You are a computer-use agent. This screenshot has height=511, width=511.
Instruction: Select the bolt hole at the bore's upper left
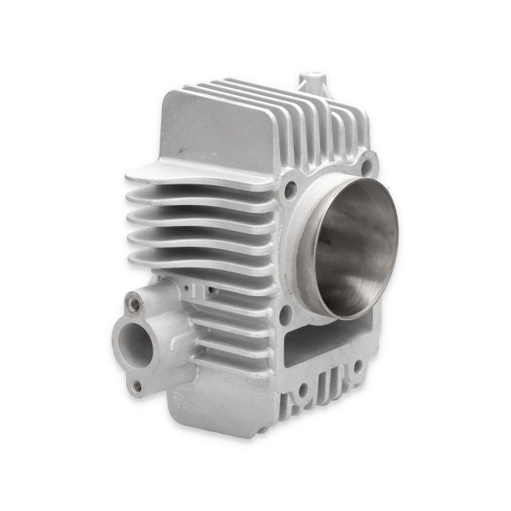(x=290, y=188)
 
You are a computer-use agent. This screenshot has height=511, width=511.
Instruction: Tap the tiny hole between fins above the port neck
(x=185, y=283)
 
